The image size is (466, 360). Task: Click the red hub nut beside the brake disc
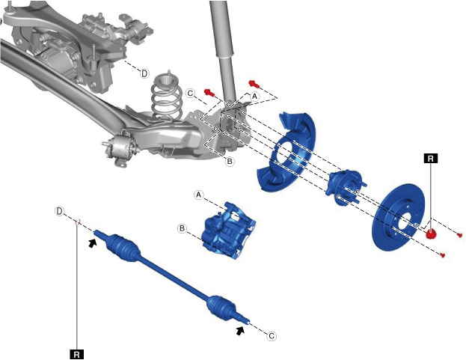430,234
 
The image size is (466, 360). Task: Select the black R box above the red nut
431,159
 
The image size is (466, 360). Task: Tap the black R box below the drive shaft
77,354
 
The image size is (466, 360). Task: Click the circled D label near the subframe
144,73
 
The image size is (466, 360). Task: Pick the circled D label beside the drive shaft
60,211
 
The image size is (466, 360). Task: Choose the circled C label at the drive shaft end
272,336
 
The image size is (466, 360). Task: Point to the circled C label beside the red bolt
191,94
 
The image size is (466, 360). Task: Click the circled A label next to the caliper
199,195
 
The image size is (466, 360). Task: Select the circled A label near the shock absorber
254,97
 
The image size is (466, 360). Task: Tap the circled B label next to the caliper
183,228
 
